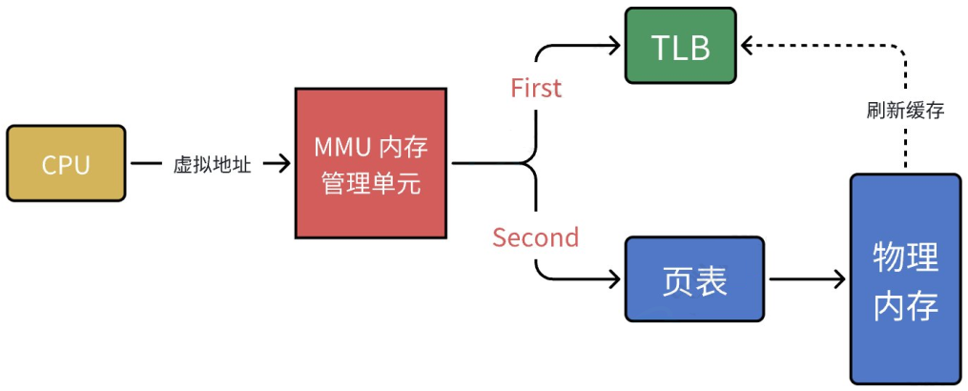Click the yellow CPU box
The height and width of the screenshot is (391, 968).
click(66, 164)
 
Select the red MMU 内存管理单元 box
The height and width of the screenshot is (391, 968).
click(372, 164)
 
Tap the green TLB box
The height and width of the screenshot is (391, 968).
click(680, 45)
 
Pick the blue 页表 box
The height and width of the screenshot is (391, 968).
click(695, 278)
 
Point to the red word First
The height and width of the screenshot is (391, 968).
click(537, 88)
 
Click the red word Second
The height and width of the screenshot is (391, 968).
click(535, 237)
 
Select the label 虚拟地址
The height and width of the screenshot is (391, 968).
click(211, 165)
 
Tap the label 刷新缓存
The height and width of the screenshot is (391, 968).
click(904, 110)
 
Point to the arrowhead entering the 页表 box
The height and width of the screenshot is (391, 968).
click(613, 279)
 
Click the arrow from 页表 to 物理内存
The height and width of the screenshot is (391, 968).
click(807, 279)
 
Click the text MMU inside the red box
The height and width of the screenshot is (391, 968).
click(339, 150)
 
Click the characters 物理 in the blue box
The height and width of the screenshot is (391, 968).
click(905, 256)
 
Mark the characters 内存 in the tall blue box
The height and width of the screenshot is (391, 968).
click(905, 307)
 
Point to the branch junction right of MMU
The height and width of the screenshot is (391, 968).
click(527, 165)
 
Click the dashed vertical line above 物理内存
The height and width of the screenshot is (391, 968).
click(903, 143)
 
